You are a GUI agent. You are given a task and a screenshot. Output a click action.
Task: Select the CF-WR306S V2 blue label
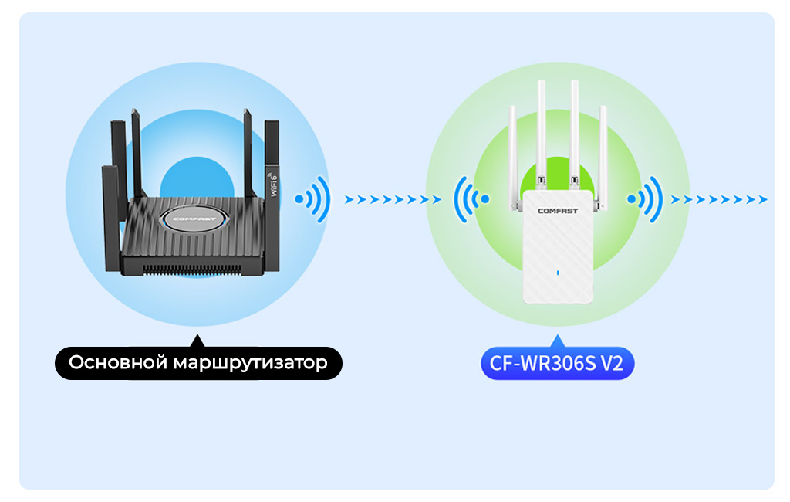[557, 363]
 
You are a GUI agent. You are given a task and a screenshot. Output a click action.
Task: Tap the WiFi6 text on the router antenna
[274, 185]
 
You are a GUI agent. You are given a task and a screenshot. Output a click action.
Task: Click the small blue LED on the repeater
[557, 272]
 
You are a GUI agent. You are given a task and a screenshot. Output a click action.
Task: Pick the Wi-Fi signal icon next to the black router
[312, 198]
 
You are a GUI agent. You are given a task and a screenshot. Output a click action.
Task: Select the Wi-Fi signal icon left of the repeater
[471, 198]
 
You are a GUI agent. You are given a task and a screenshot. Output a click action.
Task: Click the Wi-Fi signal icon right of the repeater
[646, 198]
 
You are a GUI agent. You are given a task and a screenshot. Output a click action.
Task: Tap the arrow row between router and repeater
[392, 199]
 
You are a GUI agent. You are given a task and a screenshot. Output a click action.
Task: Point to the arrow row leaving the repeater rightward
[719, 199]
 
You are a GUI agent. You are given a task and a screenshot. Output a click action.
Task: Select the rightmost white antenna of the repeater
[603, 154]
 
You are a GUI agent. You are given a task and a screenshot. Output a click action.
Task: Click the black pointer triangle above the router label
[198, 341]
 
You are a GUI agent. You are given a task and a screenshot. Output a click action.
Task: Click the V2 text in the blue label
[611, 363]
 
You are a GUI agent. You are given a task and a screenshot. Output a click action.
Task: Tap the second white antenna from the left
[541, 131]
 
